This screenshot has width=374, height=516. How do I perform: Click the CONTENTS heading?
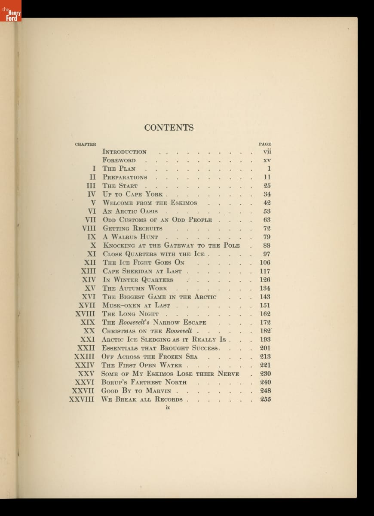point(169,128)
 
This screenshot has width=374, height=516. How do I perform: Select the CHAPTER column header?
point(86,144)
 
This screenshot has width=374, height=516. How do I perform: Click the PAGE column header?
point(265,144)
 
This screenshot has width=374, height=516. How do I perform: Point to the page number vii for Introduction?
point(267,152)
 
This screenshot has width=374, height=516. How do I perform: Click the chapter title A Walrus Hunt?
point(131,237)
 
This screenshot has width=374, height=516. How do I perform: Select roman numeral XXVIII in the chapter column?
point(82,399)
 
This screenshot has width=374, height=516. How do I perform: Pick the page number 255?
point(265,399)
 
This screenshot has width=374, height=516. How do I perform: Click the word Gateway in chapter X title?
point(179,246)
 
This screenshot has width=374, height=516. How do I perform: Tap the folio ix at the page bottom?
point(168,408)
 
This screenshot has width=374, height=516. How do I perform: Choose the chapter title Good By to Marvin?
point(136,391)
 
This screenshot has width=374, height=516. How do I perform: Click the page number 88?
point(267,246)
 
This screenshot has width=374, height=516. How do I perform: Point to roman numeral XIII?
point(89,271)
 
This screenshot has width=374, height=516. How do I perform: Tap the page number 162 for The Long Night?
point(265,314)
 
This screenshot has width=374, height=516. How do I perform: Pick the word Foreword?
point(119,160)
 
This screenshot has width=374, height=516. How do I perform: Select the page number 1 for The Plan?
point(269,169)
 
